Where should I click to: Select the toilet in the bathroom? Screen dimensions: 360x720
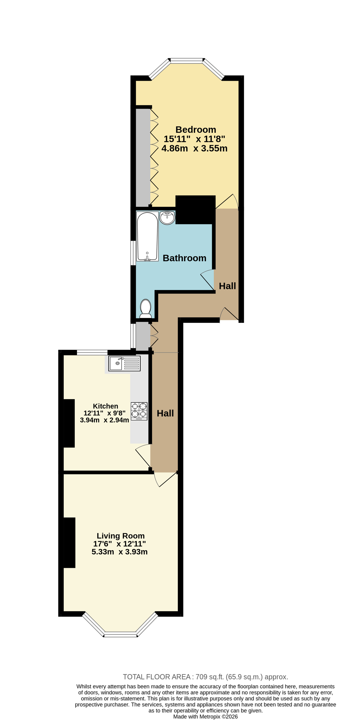pyautogui.click(x=145, y=309)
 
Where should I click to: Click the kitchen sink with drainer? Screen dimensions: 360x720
pyautogui.click(x=124, y=363)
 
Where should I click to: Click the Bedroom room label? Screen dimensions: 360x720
pyautogui.click(x=196, y=130)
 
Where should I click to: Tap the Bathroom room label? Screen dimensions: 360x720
pyautogui.click(x=184, y=258)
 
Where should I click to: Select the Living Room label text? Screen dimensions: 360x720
pyautogui.click(x=121, y=536)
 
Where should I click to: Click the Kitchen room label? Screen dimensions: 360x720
pyautogui.click(x=105, y=406)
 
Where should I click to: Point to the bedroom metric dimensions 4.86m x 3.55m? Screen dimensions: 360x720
pyautogui.click(x=195, y=148)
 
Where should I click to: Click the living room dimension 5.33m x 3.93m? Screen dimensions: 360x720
pyautogui.click(x=120, y=552)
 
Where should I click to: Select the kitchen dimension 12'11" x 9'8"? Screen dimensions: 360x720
pyautogui.click(x=104, y=413)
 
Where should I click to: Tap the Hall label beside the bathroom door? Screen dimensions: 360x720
pyautogui.click(x=227, y=286)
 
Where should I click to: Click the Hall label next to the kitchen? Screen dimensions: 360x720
pyautogui.click(x=165, y=413)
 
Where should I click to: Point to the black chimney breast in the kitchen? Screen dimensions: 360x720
pyautogui.click(x=69, y=423)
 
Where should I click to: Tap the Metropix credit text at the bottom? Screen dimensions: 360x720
pyautogui.click(x=205, y=717)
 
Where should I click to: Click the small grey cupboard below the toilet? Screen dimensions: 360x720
pyautogui.click(x=143, y=337)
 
